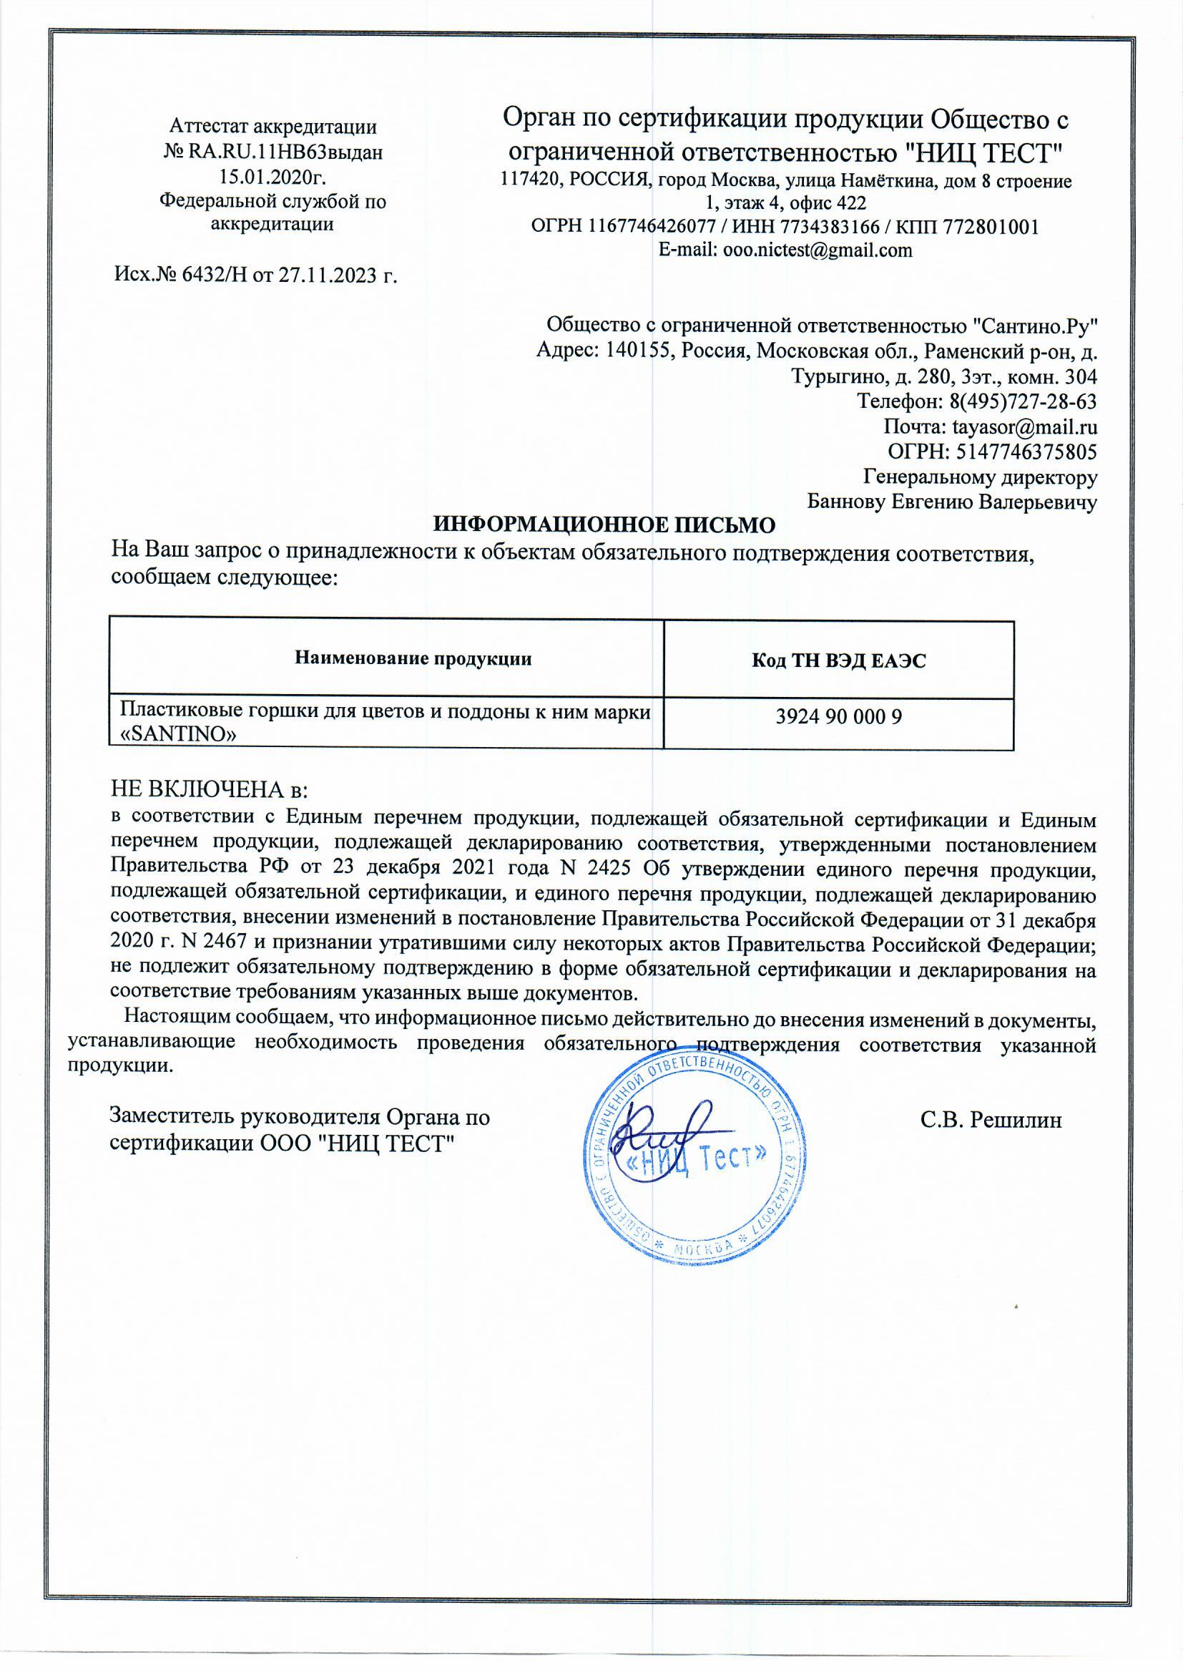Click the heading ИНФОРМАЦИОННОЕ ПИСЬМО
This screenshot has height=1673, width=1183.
(604, 525)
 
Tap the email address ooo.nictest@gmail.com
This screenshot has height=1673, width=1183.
(817, 250)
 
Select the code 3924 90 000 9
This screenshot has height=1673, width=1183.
(838, 717)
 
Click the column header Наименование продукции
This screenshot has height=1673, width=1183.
(413, 659)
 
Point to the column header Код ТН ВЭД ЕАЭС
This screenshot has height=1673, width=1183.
(838, 661)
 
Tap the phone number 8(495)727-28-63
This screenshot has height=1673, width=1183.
(1023, 401)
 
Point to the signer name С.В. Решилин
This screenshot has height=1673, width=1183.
(991, 1119)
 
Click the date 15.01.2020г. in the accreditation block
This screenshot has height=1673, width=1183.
(273, 177)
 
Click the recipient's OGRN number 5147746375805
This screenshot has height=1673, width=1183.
(1026, 452)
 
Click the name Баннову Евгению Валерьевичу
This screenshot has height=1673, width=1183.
(952, 502)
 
